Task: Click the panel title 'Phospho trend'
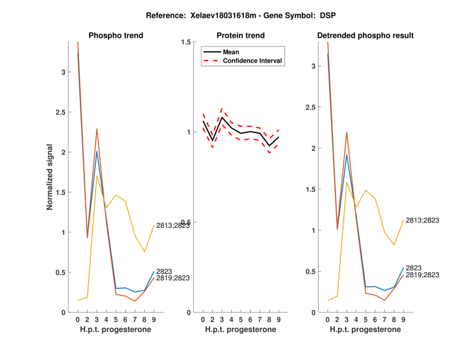(x=116, y=36)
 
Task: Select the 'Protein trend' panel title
(x=241, y=36)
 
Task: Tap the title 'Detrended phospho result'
(x=365, y=36)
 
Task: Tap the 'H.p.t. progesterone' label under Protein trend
(x=241, y=330)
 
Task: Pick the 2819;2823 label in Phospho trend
(x=174, y=278)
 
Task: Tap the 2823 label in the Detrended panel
(x=414, y=267)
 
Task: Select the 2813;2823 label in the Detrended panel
(x=423, y=220)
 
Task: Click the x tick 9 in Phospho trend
(x=154, y=319)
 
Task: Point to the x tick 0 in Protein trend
(x=203, y=319)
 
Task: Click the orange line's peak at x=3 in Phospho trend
(x=97, y=129)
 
